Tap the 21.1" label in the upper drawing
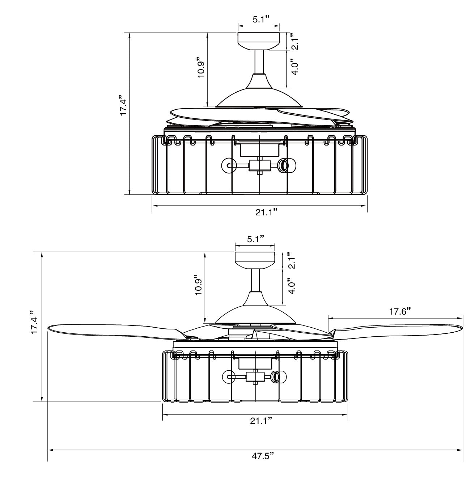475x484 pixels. (267, 212)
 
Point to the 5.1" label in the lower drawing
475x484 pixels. (255, 239)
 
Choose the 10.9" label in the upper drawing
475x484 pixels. (201, 68)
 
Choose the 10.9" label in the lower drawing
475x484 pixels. (198, 285)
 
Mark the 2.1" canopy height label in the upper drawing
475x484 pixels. (295, 41)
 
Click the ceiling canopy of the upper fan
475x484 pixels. (259, 40)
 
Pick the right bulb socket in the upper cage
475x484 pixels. (284, 165)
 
